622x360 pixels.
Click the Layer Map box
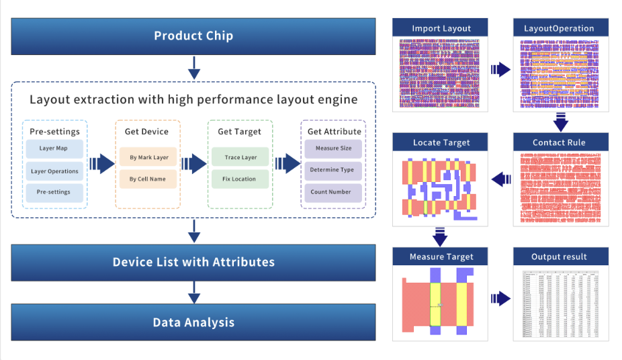coord(54,148)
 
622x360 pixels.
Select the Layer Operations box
coord(54,171)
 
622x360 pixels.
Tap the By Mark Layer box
coord(148,158)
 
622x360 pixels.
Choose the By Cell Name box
coord(148,179)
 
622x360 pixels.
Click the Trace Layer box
coord(240,158)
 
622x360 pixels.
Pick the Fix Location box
coord(240,179)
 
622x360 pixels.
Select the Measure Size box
coord(333,148)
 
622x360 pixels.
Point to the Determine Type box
coord(333,170)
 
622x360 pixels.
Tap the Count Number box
coord(333,192)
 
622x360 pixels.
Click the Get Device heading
coord(147,132)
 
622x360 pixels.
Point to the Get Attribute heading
coord(333,132)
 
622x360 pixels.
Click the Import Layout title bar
coord(441,28)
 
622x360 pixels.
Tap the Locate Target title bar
coord(441,142)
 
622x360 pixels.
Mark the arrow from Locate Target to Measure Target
coord(441,237)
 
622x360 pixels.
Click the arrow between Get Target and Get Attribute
coord(287,163)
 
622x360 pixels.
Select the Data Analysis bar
coord(193,322)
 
